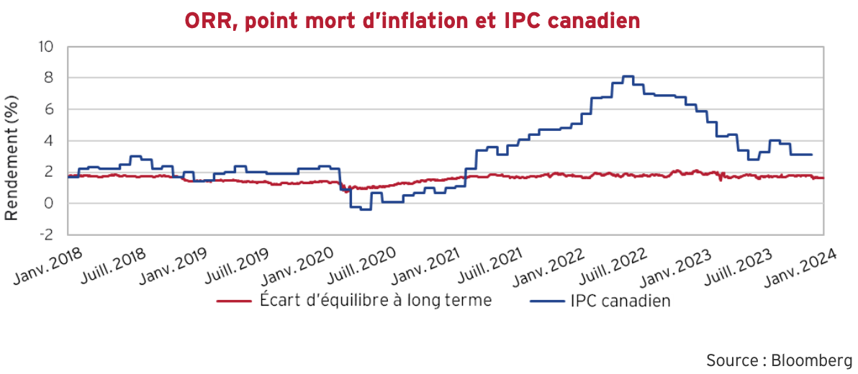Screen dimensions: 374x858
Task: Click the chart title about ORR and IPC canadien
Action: click(412, 21)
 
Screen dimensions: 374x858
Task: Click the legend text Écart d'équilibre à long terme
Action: click(375, 300)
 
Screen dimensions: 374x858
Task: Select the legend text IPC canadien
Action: click(620, 300)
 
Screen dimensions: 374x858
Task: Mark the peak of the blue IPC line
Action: click(628, 76)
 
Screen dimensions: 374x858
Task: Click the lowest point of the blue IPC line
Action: click(366, 209)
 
